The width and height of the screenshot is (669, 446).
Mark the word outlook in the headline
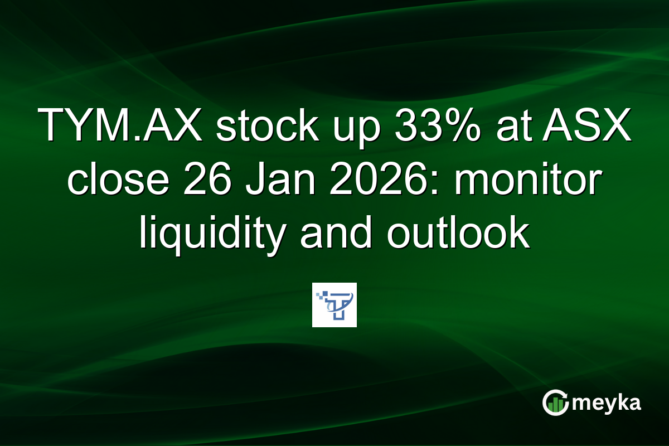tap(458, 234)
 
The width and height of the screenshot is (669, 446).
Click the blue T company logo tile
tap(334, 305)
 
